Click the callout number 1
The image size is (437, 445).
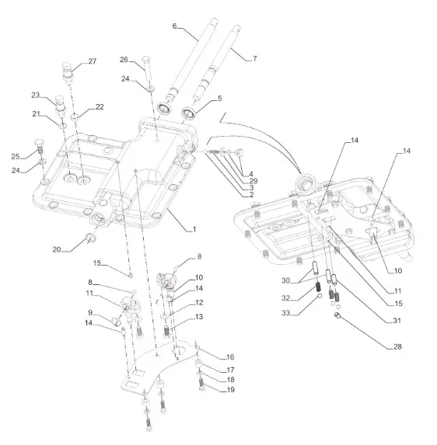[x=194, y=229]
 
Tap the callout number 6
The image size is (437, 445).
[x=174, y=26]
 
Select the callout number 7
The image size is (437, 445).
[x=254, y=58]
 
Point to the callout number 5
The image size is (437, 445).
[x=219, y=99]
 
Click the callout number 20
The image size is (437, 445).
[x=57, y=249]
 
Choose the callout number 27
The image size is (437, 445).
[x=93, y=61]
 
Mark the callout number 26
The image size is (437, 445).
[x=124, y=60]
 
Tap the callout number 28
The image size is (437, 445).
[x=397, y=346]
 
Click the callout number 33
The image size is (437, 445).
[x=286, y=313]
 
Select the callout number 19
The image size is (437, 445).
[x=231, y=389]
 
